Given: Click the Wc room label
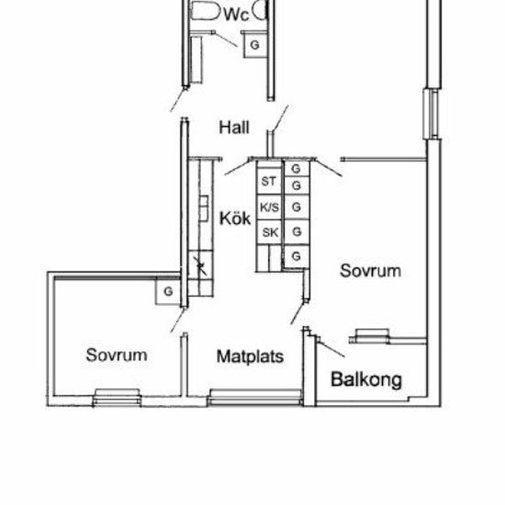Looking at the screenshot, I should (x=236, y=15).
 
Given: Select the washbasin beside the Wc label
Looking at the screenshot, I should (x=263, y=10).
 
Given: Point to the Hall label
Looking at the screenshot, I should (x=234, y=127).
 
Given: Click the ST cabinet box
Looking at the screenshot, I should (x=269, y=182).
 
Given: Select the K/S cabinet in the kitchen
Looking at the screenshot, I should (x=269, y=208).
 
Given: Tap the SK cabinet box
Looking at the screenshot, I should (x=270, y=232).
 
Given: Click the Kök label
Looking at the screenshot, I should (x=235, y=219).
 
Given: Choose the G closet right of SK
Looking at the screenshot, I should (x=297, y=232).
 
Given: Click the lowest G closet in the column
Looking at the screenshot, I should (x=297, y=254).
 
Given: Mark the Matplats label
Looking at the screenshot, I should (x=250, y=356).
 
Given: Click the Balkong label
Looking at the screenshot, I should (x=365, y=378).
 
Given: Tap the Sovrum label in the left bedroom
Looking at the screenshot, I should (x=117, y=354).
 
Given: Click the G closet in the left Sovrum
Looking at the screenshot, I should (x=168, y=291).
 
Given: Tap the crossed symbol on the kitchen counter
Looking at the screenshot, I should (x=201, y=267).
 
